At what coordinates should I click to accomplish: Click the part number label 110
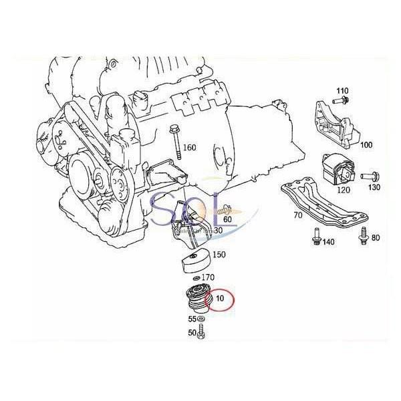[342, 90]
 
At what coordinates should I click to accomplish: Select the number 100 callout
[366, 144]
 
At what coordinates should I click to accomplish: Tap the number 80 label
[375, 238]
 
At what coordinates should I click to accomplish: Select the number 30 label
[218, 230]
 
